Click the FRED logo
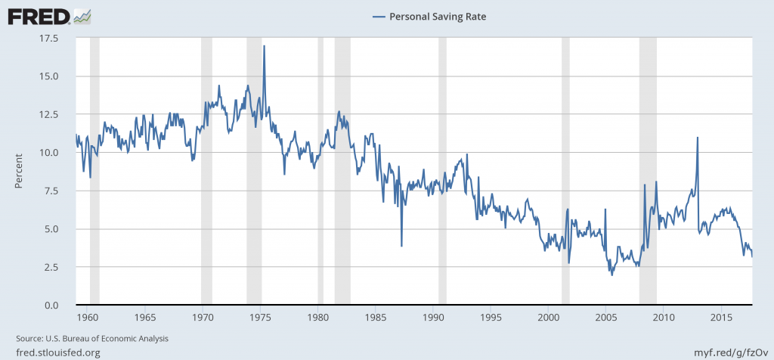point(49,14)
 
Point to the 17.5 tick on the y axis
point(58,38)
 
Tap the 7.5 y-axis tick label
point(60,191)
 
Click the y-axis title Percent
point(19,172)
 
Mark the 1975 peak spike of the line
point(264,46)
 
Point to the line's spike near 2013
point(697,138)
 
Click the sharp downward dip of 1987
point(401,246)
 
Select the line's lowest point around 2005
point(611,274)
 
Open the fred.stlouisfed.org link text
point(57,352)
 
